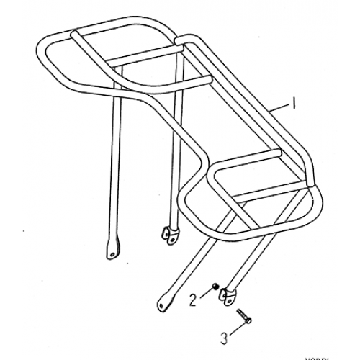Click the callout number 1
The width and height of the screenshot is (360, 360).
(294, 104)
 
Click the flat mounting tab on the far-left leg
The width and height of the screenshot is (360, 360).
(112, 249)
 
